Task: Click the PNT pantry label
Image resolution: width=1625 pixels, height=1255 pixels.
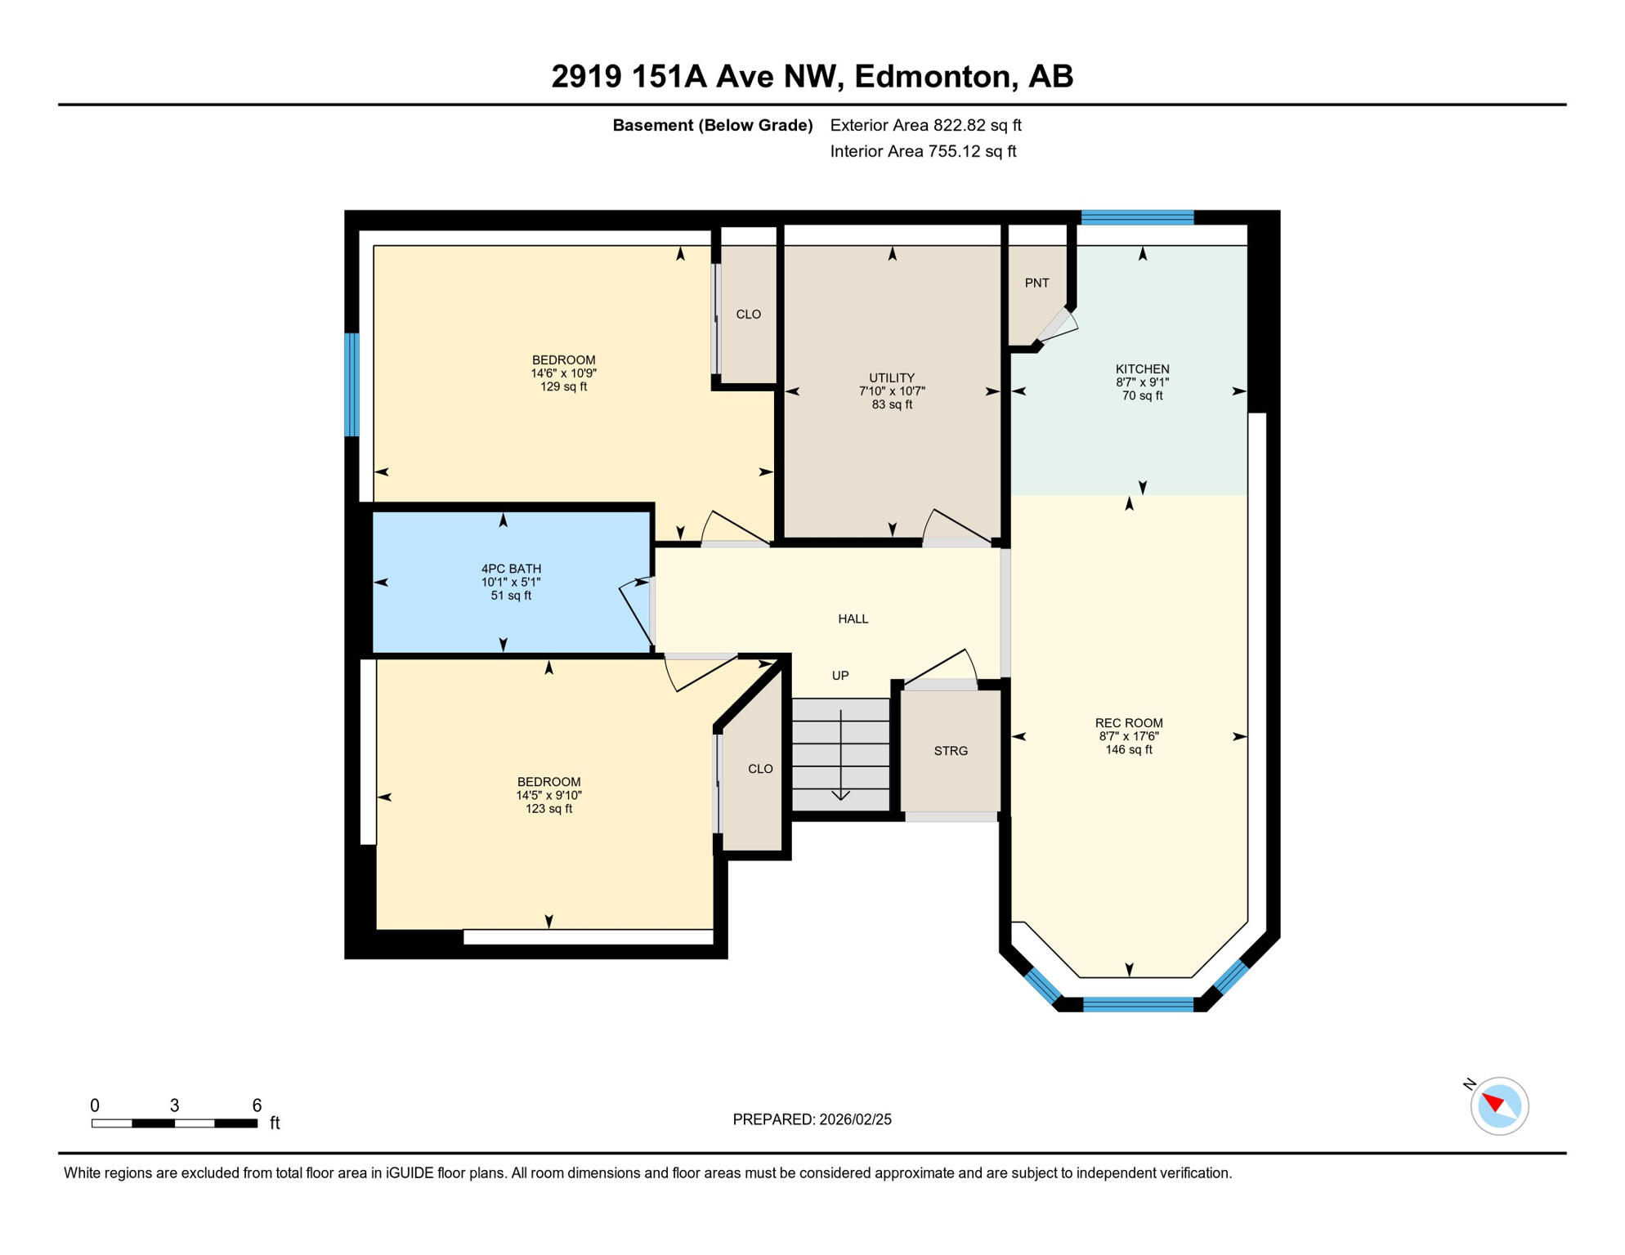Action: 1036,283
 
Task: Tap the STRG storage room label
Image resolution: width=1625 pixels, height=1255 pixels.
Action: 951,751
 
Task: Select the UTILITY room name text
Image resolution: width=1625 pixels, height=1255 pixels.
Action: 891,377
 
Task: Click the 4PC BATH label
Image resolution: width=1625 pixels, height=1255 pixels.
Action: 511,569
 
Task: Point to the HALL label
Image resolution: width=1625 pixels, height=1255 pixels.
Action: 853,619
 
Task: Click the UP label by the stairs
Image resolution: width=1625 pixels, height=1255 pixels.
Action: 839,676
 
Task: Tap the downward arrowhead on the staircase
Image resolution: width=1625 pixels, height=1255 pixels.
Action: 840,796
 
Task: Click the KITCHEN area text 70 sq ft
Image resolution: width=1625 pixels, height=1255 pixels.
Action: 1142,396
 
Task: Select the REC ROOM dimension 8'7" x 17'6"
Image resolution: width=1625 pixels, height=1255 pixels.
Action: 1128,736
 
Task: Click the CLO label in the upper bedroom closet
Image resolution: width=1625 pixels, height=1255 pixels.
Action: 748,315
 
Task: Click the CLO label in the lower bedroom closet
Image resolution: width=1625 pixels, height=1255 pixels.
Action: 760,769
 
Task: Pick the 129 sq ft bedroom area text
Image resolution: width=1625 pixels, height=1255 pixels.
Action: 563,387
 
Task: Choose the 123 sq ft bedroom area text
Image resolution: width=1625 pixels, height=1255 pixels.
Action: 548,809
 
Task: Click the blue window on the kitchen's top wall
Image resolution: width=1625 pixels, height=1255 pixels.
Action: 1137,217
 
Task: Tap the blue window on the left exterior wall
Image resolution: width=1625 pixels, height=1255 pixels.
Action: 351,384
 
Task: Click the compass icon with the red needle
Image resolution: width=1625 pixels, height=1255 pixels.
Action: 1499,1106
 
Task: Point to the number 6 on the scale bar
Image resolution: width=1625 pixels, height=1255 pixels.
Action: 257,1105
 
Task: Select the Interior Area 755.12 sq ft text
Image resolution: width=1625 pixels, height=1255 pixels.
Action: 922,151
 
